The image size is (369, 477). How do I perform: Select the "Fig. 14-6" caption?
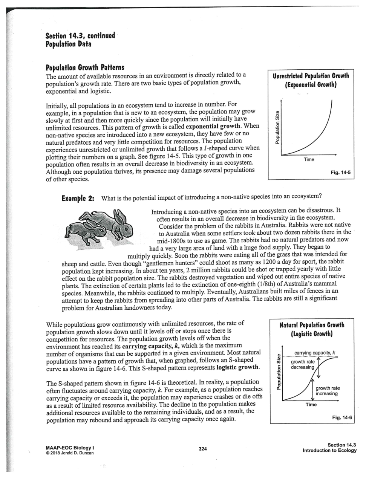click(341, 417)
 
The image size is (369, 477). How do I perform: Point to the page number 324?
click(203, 449)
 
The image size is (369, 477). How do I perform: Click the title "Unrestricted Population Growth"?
click(311, 76)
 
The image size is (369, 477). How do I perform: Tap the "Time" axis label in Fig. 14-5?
click(309, 160)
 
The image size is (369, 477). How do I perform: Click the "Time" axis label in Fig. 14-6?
click(311, 404)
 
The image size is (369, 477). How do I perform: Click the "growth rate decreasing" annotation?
click(302, 364)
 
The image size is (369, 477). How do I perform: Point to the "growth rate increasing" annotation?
click(327, 391)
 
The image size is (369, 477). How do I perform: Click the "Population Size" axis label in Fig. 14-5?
click(278, 126)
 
